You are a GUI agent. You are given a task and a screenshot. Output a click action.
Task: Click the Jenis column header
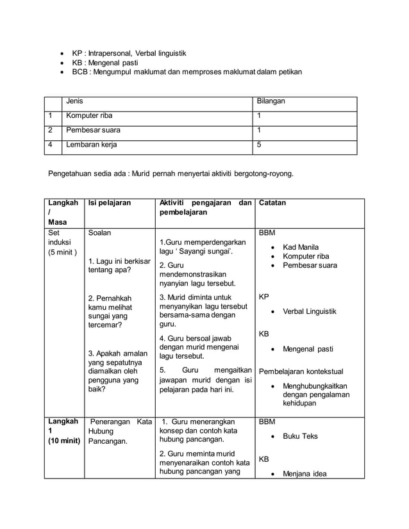point(74,101)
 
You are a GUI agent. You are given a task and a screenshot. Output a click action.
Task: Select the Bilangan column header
point(271,101)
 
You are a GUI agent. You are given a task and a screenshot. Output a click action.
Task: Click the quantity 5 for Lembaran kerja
point(259,145)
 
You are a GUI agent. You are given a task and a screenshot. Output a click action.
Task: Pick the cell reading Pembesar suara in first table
point(92,130)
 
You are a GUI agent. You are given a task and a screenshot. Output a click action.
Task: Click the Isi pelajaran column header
point(109,203)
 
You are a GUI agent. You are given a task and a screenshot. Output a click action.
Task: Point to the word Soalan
point(100,234)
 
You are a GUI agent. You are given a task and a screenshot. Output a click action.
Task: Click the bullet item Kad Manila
point(301,247)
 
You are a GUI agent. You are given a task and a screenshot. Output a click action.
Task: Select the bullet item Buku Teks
point(300,436)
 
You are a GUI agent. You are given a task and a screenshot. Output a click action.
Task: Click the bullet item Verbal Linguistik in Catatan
point(309,311)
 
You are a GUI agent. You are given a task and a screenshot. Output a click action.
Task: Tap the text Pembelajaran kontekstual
point(301,371)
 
